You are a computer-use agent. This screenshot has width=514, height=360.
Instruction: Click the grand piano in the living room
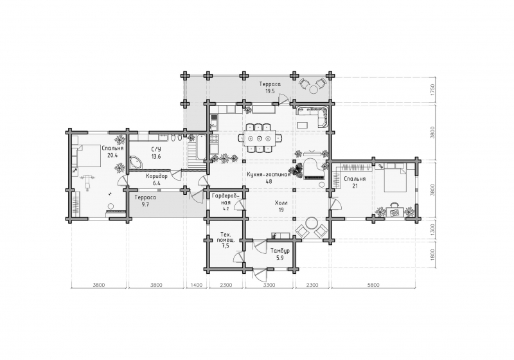314,170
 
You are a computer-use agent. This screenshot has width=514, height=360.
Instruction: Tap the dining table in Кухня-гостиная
260,138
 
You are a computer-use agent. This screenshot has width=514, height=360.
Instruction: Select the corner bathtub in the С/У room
135,162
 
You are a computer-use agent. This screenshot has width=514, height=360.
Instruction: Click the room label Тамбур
280,251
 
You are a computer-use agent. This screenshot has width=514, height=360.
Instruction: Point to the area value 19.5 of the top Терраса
270,91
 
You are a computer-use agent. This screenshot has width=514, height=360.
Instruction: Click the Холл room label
281,203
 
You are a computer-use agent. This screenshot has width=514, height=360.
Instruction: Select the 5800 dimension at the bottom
373,285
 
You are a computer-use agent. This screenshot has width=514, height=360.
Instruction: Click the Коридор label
157,176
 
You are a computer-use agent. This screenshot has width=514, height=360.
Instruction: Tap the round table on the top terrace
314,89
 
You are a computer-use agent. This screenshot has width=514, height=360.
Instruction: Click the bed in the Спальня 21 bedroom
394,179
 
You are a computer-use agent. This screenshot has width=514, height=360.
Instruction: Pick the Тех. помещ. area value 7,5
225,246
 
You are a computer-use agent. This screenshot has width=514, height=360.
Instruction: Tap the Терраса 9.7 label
145,198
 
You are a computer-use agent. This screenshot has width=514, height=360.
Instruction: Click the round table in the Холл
311,224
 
